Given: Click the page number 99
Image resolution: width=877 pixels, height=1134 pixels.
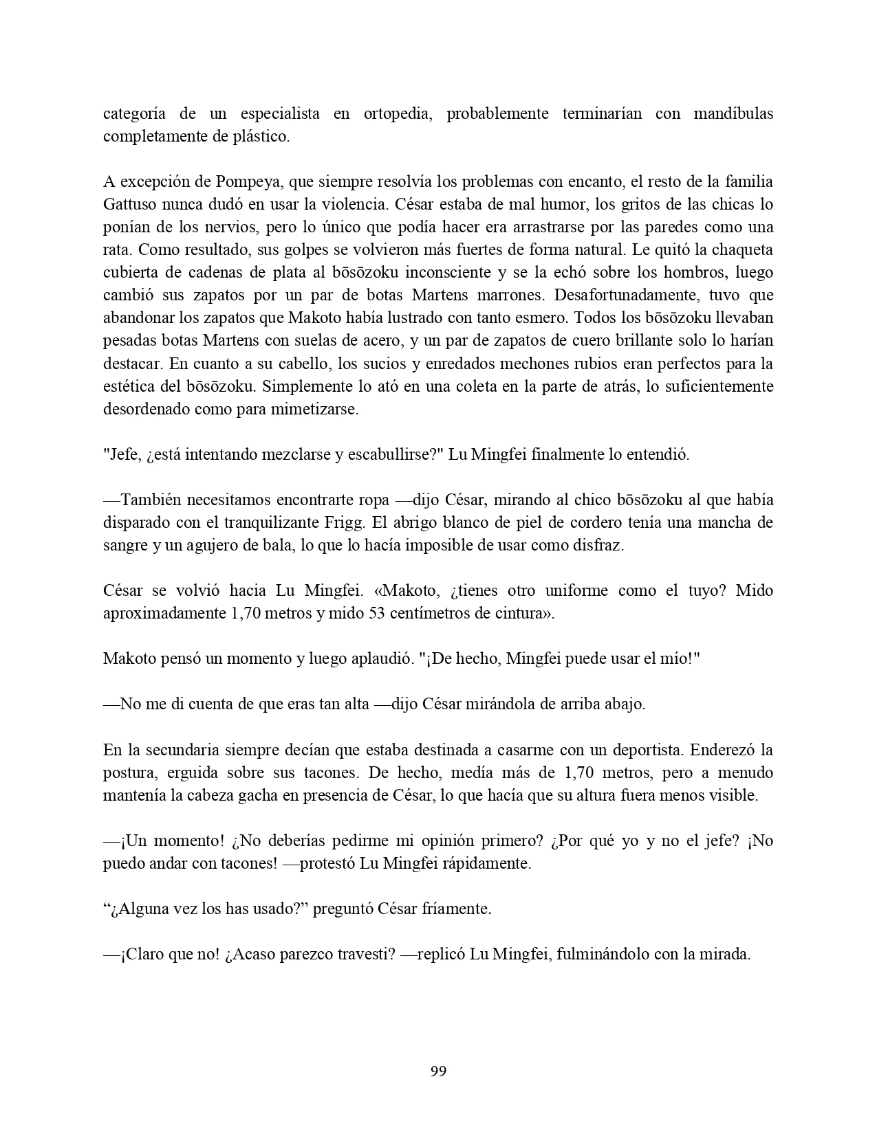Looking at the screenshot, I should pyautogui.click(x=438, y=1071).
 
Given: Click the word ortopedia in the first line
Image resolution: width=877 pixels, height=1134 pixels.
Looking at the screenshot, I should pyautogui.click(x=397, y=113).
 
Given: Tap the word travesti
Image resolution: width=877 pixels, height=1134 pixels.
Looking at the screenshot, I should pyautogui.click(x=366, y=955).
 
